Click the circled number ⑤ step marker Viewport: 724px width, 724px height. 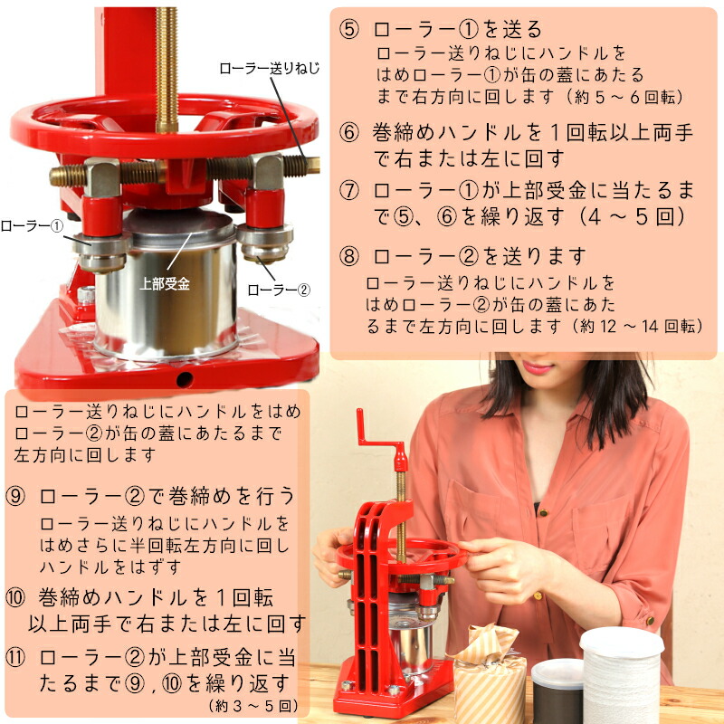349,28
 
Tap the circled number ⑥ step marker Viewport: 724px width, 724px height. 349,133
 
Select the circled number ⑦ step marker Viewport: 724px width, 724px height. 349,192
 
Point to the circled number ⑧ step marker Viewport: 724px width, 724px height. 349,256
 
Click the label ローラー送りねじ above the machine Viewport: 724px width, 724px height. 270,67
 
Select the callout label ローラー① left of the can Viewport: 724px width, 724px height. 32,225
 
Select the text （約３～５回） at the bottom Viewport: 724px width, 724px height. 250,704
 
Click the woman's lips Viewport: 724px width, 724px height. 537,367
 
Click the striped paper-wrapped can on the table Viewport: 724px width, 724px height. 490,674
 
